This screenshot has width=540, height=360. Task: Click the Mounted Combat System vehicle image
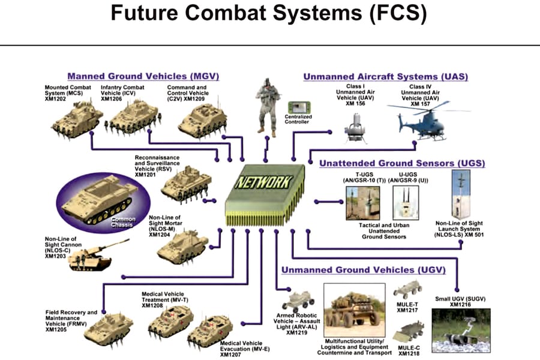click(x=76, y=116)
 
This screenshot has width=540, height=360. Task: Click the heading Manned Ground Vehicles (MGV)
click(x=143, y=77)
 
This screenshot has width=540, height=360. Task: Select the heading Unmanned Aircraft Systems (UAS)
click(x=385, y=77)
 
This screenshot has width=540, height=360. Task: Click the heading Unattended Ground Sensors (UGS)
click(x=401, y=163)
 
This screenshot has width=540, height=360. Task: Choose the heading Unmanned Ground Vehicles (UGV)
click(x=363, y=270)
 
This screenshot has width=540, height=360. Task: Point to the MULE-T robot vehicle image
click(x=408, y=290)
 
